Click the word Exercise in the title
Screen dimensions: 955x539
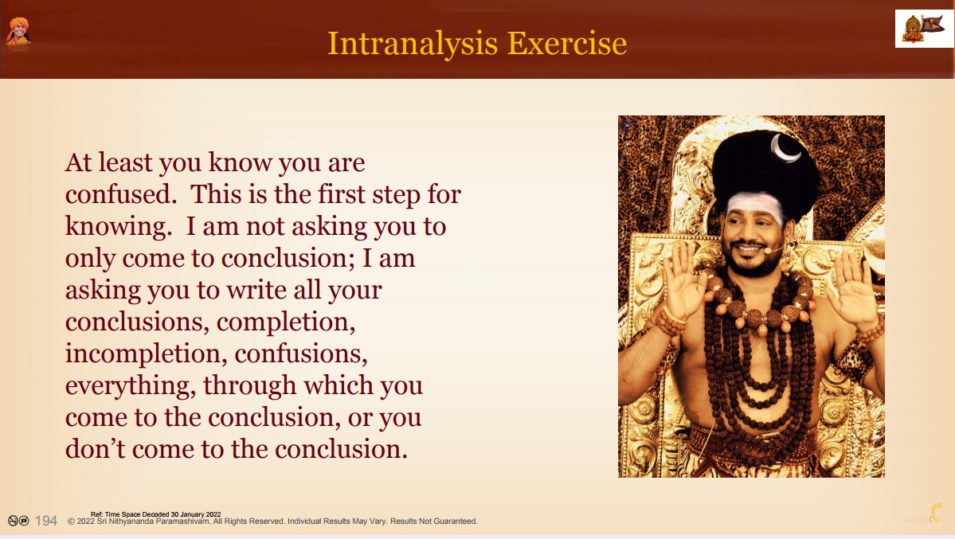[x=567, y=43]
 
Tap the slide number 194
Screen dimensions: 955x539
[x=46, y=521]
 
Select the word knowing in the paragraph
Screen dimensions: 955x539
[x=115, y=227]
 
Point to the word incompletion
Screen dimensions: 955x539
[x=143, y=353]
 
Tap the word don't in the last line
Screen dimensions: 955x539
[x=95, y=449]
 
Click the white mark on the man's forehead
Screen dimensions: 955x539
[x=754, y=204]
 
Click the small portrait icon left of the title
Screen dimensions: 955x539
[x=18, y=33]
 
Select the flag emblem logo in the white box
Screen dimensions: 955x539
[x=923, y=29]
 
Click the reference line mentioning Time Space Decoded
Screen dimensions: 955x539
[x=156, y=514]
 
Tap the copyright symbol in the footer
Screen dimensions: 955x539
[x=71, y=521]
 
